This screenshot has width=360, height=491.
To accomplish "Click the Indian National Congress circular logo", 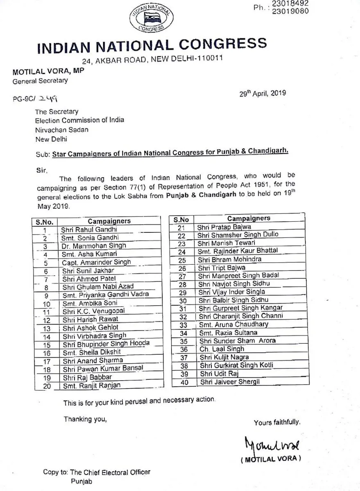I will click(147, 19).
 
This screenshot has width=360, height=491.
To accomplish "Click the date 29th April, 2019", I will click(263, 93).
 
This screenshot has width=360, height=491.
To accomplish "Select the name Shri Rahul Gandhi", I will click(88, 230).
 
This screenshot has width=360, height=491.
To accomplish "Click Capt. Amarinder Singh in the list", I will click(96, 262).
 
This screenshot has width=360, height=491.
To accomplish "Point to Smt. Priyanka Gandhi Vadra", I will click(105, 295).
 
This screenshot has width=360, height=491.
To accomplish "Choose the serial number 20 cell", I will click(46, 385).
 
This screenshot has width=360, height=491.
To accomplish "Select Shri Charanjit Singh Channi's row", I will click(240, 316).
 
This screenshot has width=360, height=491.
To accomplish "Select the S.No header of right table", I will click(181, 219).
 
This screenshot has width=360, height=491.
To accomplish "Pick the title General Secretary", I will click(40, 81).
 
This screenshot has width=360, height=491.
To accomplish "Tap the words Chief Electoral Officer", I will click(120, 472).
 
